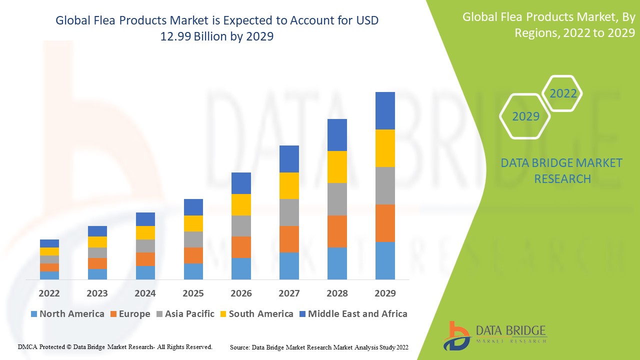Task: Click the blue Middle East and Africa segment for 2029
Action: tap(385, 110)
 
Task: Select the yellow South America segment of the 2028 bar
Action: tap(337, 167)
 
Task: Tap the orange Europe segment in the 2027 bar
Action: tap(289, 239)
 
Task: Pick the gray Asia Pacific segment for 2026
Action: tap(241, 226)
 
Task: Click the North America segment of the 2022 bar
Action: tap(49, 275)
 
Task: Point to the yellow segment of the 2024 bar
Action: tap(145, 232)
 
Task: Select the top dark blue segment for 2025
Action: tap(193, 207)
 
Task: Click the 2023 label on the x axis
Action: tap(97, 293)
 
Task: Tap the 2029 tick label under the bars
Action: tap(385, 293)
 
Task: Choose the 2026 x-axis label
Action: tap(241, 293)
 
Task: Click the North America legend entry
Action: tap(67, 314)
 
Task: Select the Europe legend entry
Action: tap(129, 314)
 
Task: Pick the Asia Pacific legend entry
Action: tap(185, 314)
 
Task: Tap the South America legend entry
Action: tap(256, 314)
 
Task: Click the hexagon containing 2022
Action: tap(563, 93)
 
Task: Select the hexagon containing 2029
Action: tap(525, 116)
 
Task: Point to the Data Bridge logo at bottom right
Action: tap(495, 335)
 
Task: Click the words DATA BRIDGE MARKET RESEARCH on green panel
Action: tap(562, 170)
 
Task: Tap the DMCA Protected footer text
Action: tap(115, 346)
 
